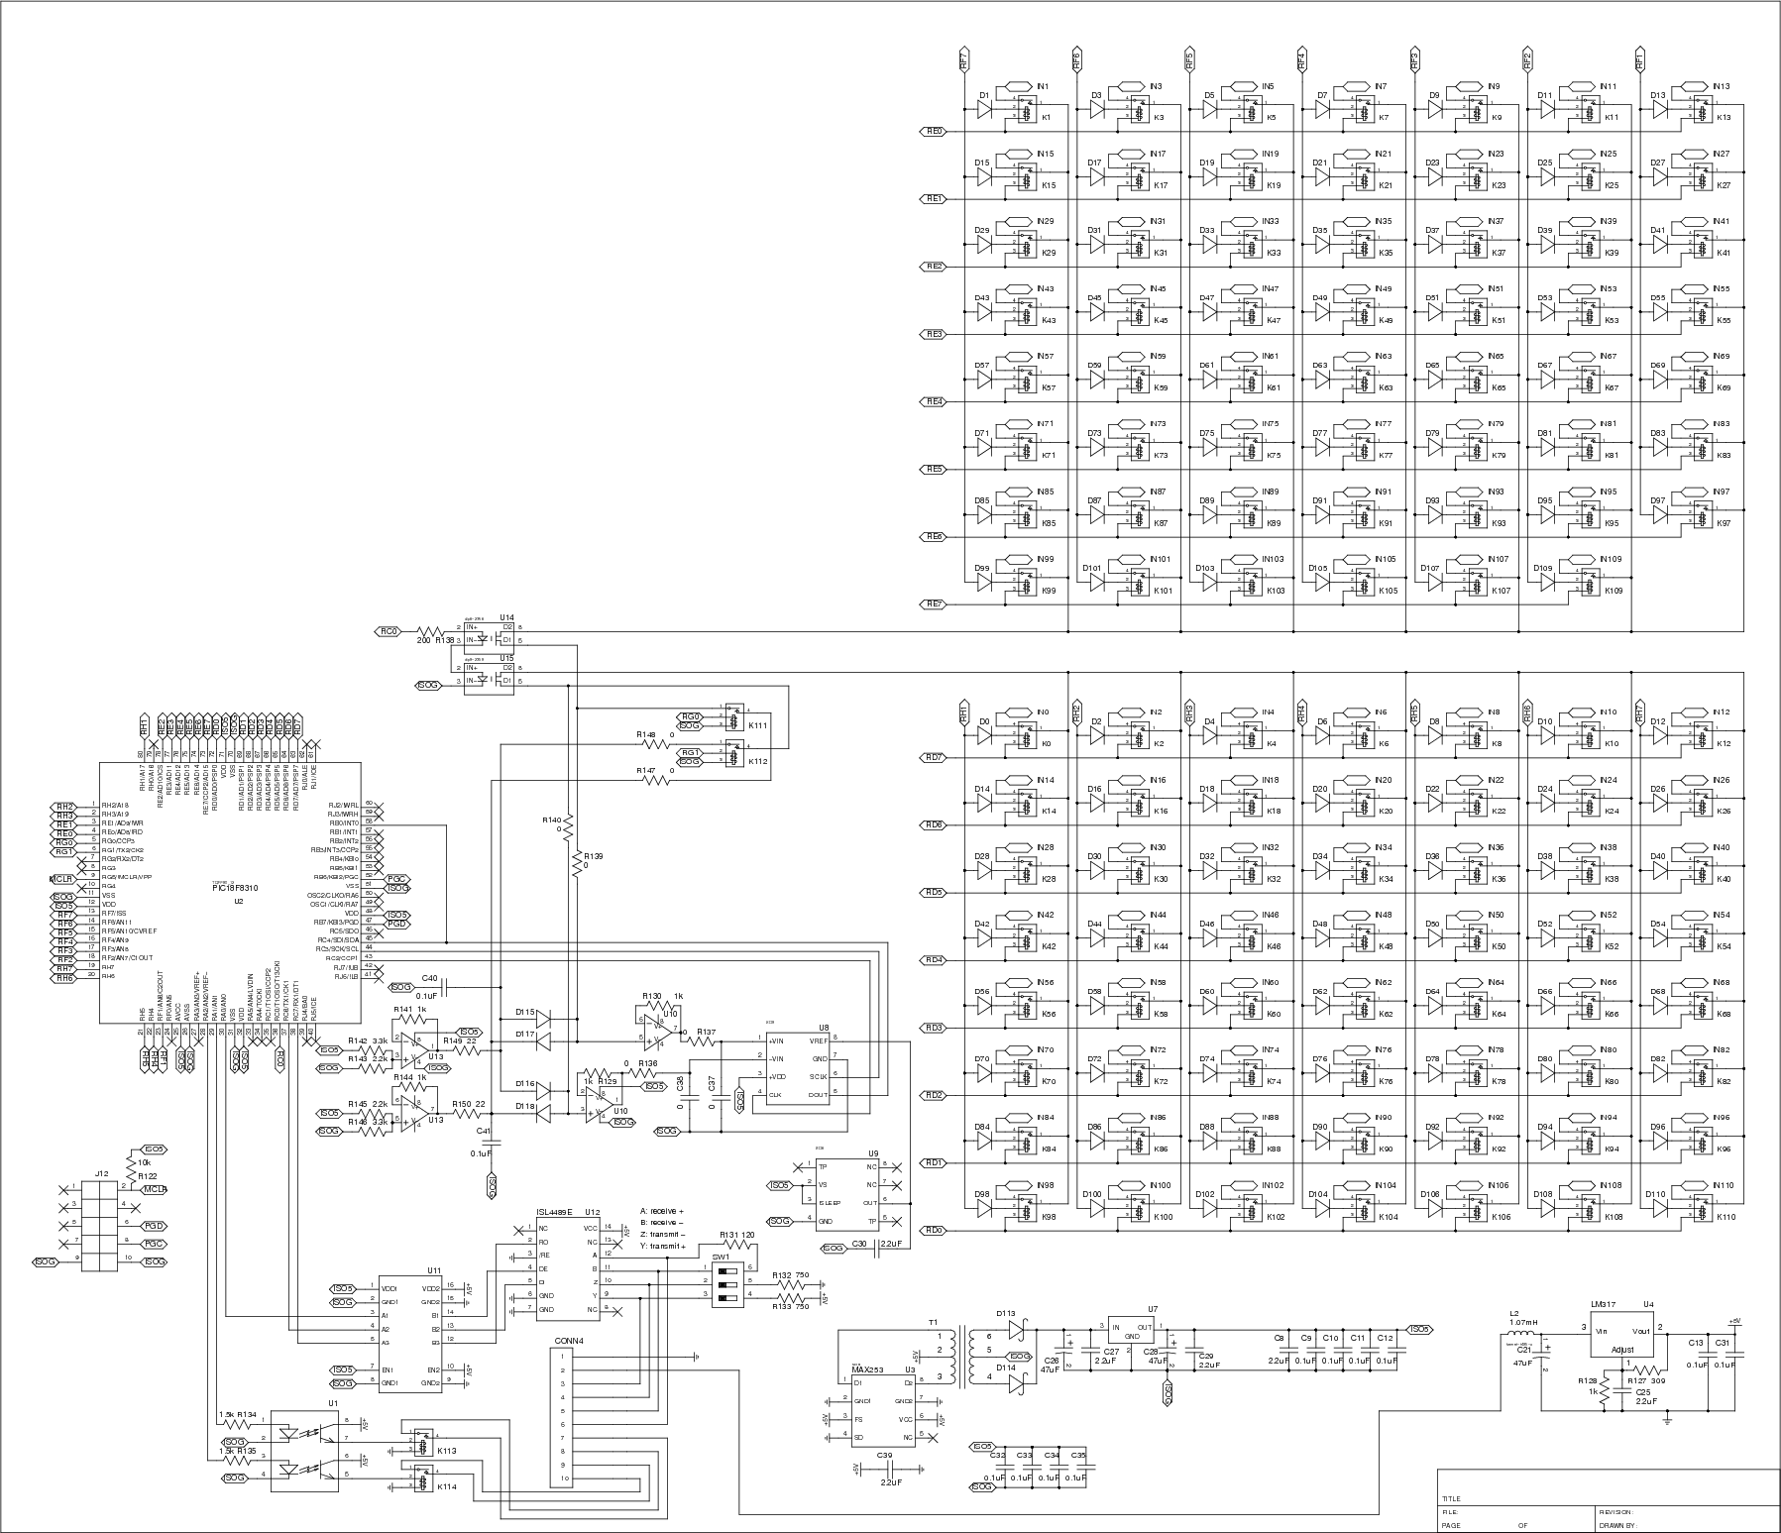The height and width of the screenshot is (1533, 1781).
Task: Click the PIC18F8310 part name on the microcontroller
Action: click(x=237, y=888)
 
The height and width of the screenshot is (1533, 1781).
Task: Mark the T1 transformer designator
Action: click(x=933, y=1323)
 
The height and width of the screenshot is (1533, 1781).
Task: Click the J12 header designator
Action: click(x=102, y=1173)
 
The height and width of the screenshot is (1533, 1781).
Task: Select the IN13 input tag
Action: click(x=1722, y=86)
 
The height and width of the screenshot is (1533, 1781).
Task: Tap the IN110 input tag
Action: click(x=1723, y=1185)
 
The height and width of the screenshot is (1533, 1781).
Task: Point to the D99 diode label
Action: click(x=982, y=568)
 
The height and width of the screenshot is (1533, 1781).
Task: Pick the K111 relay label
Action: click(x=758, y=725)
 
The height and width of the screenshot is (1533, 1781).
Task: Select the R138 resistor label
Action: click(x=446, y=641)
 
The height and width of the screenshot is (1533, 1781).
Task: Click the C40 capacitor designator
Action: click(x=429, y=977)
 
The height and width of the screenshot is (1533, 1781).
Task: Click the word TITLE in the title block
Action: click(x=1452, y=1499)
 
